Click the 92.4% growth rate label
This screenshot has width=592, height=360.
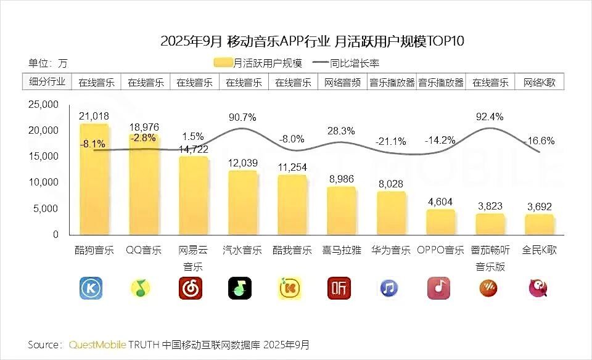click(x=490, y=116)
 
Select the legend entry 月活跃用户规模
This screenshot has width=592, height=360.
click(x=258, y=62)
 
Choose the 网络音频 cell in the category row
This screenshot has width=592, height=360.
click(x=342, y=82)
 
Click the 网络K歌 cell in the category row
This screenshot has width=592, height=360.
click(x=539, y=82)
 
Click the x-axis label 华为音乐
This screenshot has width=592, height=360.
click(x=391, y=251)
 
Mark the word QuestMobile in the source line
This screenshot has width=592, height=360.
click(x=98, y=343)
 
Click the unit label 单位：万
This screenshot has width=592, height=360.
click(x=47, y=63)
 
